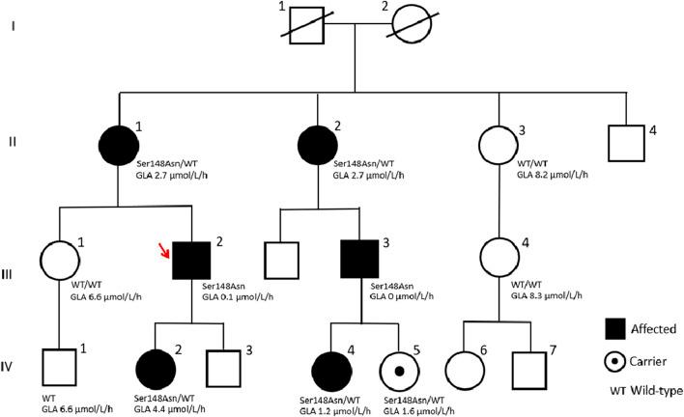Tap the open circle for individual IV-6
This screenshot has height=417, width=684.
469,369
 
